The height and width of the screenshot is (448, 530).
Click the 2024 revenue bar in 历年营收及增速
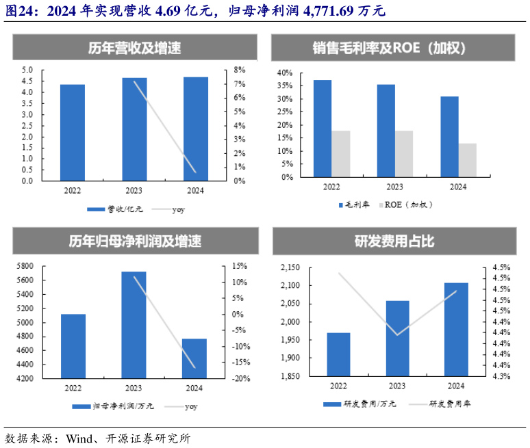[x=196, y=129]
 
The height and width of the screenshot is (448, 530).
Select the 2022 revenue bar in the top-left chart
[x=72, y=133]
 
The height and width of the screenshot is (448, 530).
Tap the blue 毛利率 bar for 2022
[x=323, y=129]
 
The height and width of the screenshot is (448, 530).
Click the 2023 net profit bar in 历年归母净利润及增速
[x=134, y=324]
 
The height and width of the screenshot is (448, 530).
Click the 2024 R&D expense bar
[x=456, y=329]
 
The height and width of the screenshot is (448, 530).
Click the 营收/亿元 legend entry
[x=116, y=209]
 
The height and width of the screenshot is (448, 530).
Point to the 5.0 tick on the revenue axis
[x=27, y=70]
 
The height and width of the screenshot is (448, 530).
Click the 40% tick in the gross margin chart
[x=284, y=73]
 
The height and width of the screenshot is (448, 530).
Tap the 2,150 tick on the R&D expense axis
[x=290, y=267]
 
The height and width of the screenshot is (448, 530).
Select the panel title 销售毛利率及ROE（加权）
[x=394, y=49]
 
